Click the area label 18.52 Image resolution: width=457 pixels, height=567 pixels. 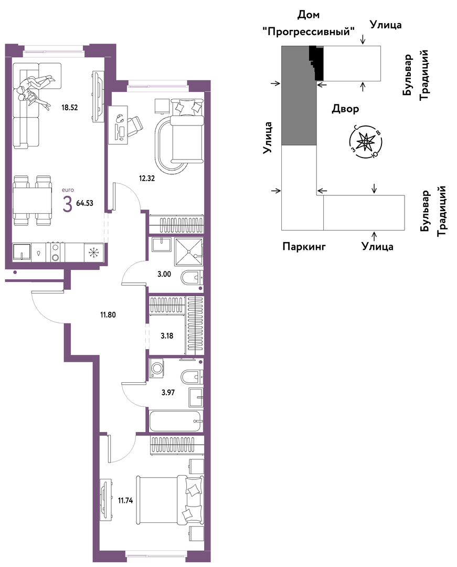(69, 108)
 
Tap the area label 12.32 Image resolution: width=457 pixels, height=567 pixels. (147, 178)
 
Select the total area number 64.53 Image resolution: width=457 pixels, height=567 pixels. (84, 203)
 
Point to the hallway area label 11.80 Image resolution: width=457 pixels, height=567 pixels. (108, 314)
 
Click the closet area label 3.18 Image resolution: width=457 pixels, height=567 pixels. (166, 335)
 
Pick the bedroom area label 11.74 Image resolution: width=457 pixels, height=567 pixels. (125, 500)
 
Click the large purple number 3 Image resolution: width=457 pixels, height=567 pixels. (67, 204)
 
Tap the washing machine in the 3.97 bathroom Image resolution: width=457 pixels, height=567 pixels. (157, 369)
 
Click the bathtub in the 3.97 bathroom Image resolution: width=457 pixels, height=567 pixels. (176, 421)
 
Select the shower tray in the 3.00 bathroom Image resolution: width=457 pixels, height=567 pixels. (188, 251)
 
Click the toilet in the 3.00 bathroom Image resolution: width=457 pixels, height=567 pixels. (192, 278)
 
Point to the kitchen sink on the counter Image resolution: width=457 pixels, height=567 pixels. (22, 251)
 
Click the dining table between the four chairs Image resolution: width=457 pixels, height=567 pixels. (31, 200)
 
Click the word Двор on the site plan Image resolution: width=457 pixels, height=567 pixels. (345, 109)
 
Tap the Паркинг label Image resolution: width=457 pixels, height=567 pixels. (304, 247)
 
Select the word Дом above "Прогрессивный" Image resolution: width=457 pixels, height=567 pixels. (309, 15)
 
